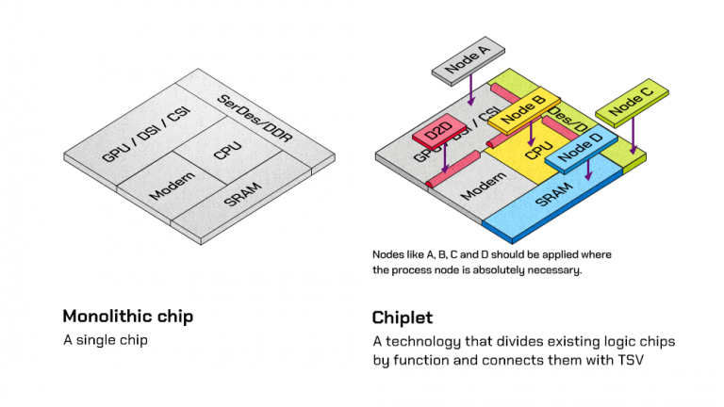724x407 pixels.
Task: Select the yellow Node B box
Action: tap(523, 110)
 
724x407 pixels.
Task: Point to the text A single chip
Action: tap(106, 338)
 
